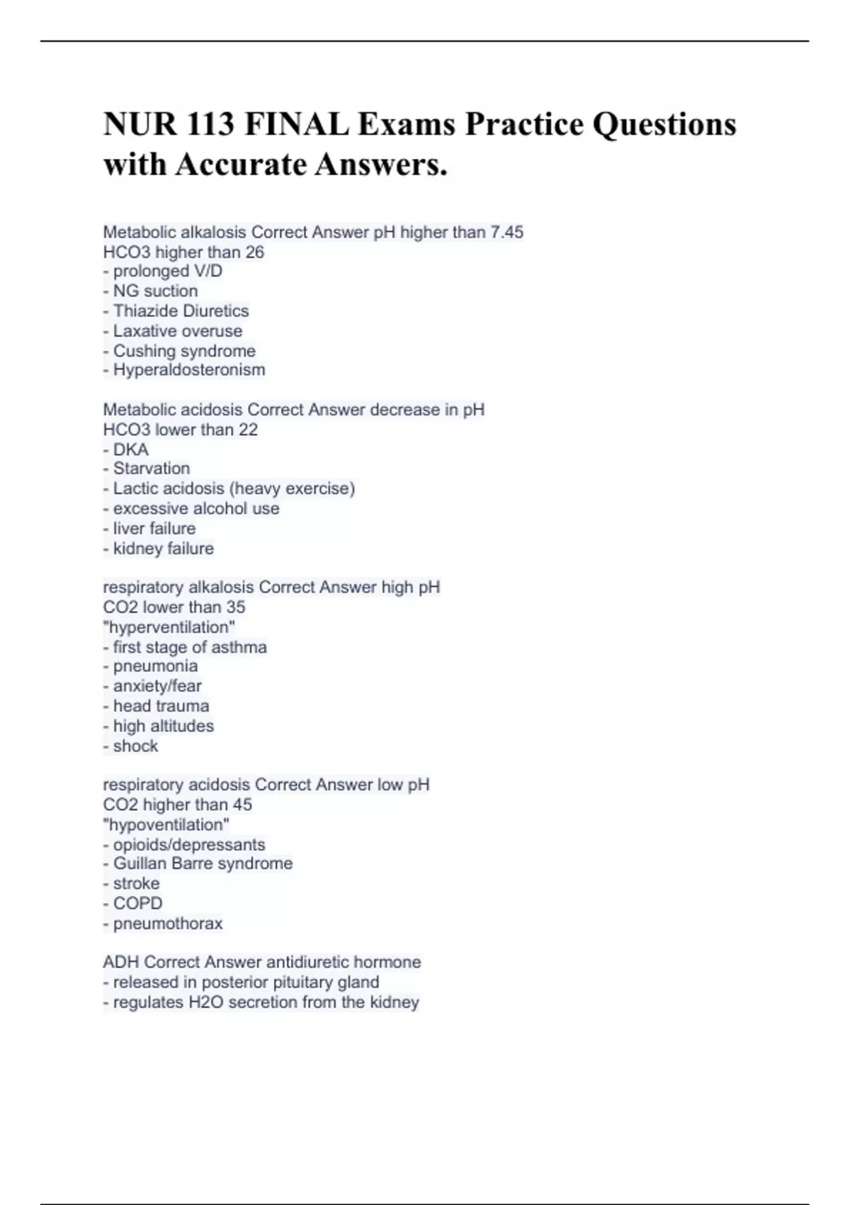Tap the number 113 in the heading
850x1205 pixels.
(212, 125)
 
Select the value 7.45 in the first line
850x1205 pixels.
(506, 232)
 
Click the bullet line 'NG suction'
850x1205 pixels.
(155, 291)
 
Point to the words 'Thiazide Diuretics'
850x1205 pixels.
(181, 310)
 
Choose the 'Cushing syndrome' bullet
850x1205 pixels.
(184, 351)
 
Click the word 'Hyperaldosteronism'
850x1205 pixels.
(189, 369)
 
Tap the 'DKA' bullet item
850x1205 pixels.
(130, 449)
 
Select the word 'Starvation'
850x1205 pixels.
(152, 468)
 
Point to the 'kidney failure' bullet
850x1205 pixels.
(163, 548)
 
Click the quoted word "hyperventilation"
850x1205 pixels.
(169, 627)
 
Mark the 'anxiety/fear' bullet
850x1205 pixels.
(157, 685)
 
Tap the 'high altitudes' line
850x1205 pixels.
(163, 726)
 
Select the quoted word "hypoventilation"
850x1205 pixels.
(166, 824)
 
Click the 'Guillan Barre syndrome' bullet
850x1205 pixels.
(203, 863)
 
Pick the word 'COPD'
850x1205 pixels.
(137, 903)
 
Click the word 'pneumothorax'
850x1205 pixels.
(168, 924)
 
